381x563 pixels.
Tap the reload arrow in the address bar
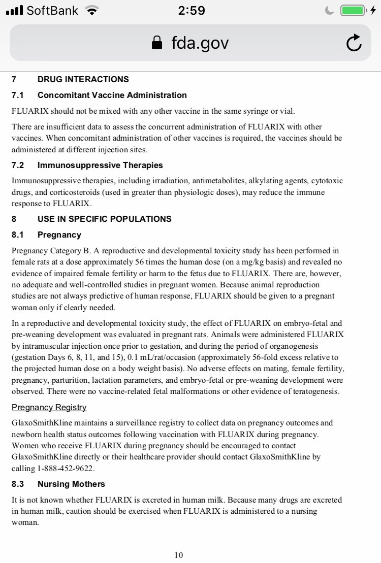[354, 43]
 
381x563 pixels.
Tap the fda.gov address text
[200, 44]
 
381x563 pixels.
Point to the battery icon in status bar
[353, 11]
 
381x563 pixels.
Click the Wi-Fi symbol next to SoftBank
[92, 11]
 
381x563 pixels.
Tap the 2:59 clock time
[192, 11]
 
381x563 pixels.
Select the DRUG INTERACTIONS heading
[83, 79]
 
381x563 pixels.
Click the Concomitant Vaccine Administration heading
[112, 95]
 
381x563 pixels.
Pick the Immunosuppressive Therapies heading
[100, 165]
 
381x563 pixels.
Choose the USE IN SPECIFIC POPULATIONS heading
[104, 219]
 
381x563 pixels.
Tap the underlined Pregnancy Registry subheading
[49, 407]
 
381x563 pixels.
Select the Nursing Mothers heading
[71, 484]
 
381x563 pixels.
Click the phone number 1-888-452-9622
[63, 468]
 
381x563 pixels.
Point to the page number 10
[178, 555]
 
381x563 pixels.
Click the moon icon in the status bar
[330, 11]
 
